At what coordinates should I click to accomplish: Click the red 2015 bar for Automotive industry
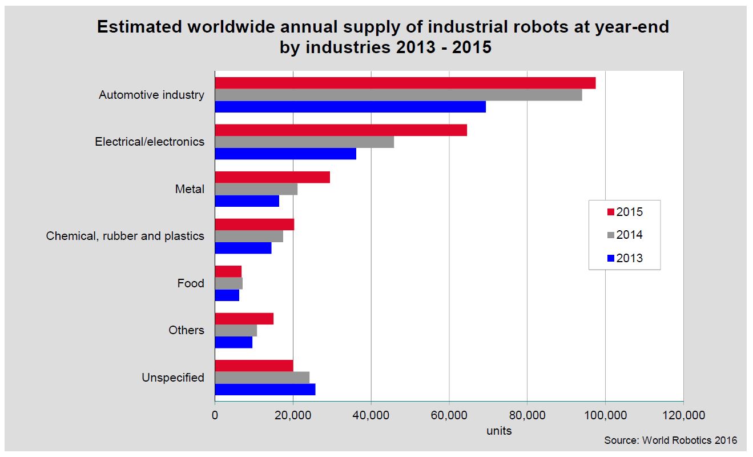[x=405, y=83]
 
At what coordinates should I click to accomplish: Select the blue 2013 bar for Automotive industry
[x=350, y=107]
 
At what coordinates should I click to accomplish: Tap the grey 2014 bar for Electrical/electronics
[x=304, y=142]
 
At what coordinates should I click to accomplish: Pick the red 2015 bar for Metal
[x=272, y=177]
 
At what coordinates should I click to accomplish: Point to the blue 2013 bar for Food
[x=227, y=295]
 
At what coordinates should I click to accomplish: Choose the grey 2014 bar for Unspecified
[x=262, y=377]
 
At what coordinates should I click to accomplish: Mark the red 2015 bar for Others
[x=244, y=318]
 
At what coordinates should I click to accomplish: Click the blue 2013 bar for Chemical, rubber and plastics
[x=243, y=248]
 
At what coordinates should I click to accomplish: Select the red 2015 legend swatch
[x=610, y=212]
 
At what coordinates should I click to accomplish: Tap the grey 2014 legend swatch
[x=610, y=235]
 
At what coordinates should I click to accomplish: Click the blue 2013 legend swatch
[x=610, y=259]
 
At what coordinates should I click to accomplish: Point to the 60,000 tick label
[x=449, y=415]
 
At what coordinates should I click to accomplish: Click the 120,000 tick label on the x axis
[x=683, y=415]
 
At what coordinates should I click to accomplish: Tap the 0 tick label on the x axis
[x=215, y=415]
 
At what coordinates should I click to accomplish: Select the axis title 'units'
[x=499, y=431]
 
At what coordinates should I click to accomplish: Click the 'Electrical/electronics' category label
[x=150, y=142]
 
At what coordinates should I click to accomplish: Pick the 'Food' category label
[x=191, y=283]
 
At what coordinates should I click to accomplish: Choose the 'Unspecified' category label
[x=173, y=378]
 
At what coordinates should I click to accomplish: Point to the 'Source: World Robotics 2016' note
[x=671, y=440]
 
